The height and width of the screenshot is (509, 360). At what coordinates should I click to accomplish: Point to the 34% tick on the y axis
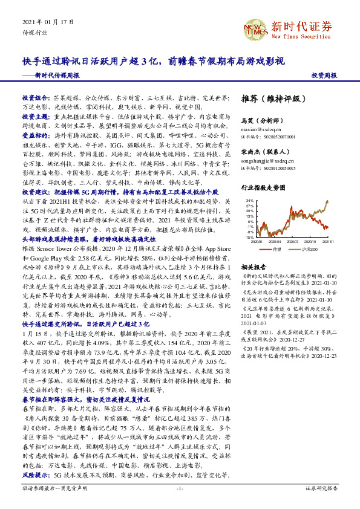click(x=250, y=200)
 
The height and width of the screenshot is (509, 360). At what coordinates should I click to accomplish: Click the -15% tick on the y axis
click(x=249, y=238)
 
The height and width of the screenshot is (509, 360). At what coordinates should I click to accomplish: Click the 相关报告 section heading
click(x=254, y=267)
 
